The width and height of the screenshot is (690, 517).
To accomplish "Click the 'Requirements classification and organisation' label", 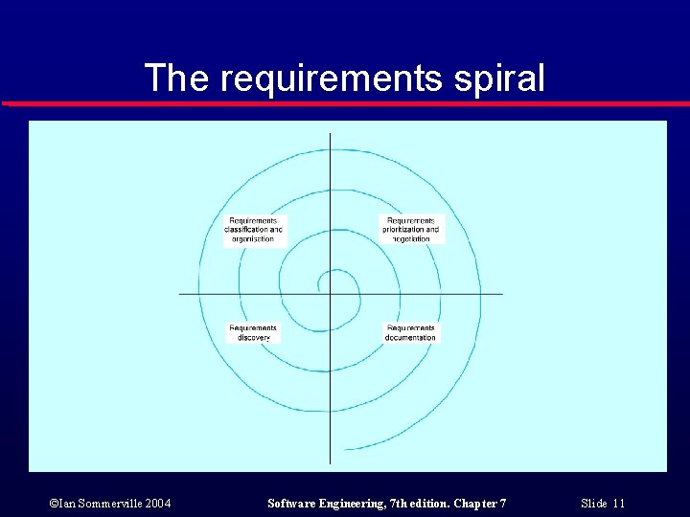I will tap(254, 230).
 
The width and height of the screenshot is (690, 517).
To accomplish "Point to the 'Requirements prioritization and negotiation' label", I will tap(411, 230).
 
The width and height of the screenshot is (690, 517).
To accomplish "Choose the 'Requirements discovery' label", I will tap(254, 332).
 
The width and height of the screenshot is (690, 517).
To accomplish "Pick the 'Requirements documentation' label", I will tap(411, 332).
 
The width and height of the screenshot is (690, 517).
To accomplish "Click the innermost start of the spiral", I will tap(320, 282).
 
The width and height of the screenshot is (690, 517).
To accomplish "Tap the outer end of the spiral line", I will tap(346, 449).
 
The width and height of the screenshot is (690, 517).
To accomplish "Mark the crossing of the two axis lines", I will tap(331, 294).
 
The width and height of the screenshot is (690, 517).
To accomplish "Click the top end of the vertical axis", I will tap(331, 135).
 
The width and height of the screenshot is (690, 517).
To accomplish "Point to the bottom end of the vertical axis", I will tap(331, 462).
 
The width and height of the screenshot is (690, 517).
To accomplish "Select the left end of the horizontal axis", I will tap(181, 294).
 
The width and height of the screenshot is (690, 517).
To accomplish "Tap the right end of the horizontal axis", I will tap(502, 294).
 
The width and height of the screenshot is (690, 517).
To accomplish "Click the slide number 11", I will tap(618, 504).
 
